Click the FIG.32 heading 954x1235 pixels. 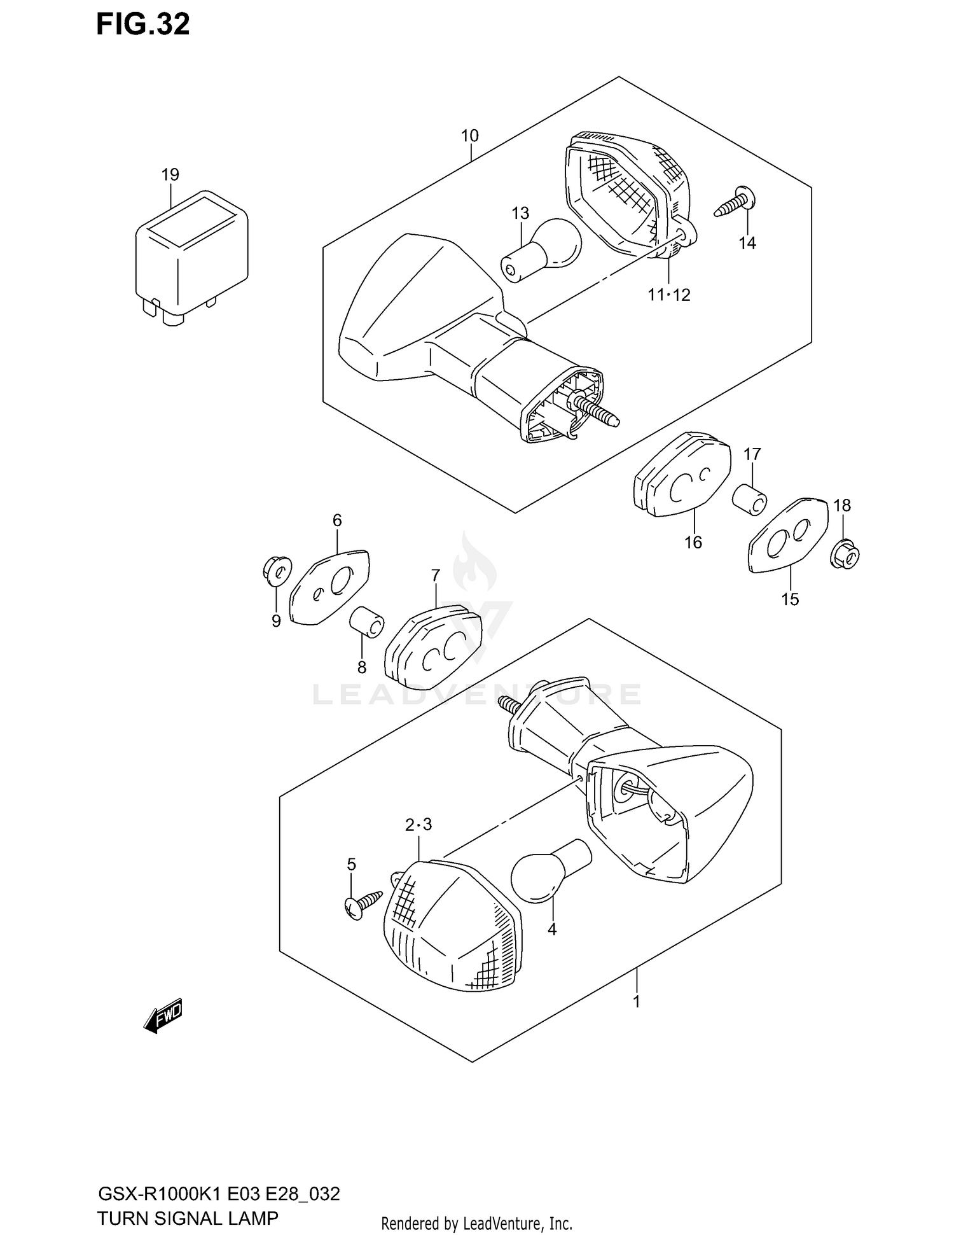pos(142,24)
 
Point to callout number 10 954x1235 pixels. pos(470,136)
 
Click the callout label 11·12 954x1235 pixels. pos(669,295)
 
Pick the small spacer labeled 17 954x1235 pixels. pos(749,496)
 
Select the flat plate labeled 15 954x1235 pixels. pos(789,535)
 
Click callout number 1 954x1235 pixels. pos(636,1002)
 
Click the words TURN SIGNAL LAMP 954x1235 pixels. pos(188,1218)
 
